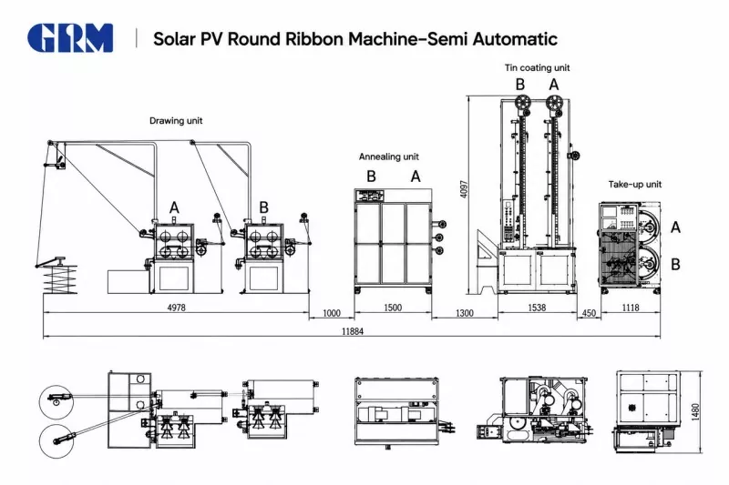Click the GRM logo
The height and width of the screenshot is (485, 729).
[70, 37]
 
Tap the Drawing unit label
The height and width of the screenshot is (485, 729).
[176, 121]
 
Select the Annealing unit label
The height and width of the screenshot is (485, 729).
[389, 157]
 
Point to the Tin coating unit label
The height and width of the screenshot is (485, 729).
[537, 67]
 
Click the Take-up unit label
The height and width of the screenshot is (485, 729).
[634, 184]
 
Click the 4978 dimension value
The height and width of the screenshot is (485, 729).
[176, 308]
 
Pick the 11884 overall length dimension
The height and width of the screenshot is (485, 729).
[353, 331]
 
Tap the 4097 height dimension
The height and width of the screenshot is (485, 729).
[464, 189]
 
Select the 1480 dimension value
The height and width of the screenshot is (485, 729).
[695, 412]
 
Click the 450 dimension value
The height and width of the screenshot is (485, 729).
[589, 313]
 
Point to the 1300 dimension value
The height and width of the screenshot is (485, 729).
[464, 313]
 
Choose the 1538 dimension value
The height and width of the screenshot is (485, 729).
[537, 308]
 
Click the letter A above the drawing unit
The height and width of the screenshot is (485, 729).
[174, 207]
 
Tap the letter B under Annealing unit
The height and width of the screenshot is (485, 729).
[371, 177]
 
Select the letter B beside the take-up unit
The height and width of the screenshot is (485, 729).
[675, 264]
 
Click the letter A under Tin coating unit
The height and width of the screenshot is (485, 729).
[554, 85]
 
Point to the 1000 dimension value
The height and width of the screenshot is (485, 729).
[332, 313]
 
